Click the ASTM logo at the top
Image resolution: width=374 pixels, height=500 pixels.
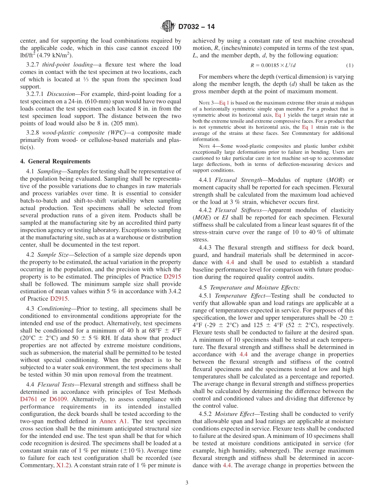pyautogui.click(x=168, y=27)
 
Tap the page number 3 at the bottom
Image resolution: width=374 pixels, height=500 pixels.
pyautogui.click(x=187, y=483)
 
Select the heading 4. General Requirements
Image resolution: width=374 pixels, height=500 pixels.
pyautogui.click(x=55, y=161)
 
